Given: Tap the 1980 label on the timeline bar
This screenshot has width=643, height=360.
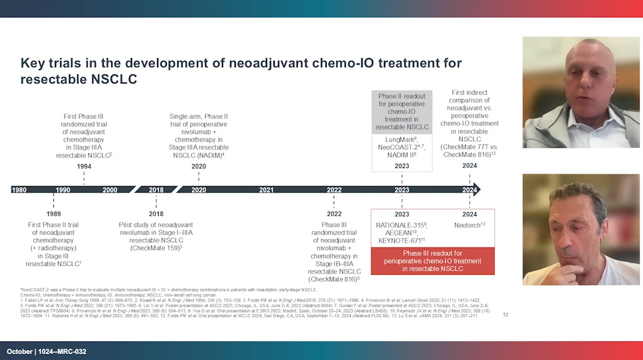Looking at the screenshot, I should [x=19, y=190].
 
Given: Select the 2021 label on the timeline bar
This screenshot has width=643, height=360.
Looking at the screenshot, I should [x=266, y=190].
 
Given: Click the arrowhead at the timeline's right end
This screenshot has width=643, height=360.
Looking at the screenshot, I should [x=477, y=190].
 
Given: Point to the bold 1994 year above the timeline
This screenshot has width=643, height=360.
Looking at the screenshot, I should [x=84, y=166].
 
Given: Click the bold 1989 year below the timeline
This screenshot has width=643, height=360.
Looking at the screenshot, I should [x=54, y=213].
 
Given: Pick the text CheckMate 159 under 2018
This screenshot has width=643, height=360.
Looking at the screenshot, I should [x=154, y=248].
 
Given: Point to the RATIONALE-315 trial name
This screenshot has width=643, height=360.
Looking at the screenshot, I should [x=399, y=225].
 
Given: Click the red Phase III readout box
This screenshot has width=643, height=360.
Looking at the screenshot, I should [x=432, y=261].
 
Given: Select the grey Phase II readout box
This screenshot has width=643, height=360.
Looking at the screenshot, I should [x=402, y=111].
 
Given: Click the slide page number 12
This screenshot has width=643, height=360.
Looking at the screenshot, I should [x=505, y=315].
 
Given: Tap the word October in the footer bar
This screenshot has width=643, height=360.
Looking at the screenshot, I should [x=19, y=351].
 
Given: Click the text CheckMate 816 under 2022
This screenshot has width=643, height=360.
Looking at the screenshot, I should [x=332, y=279].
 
